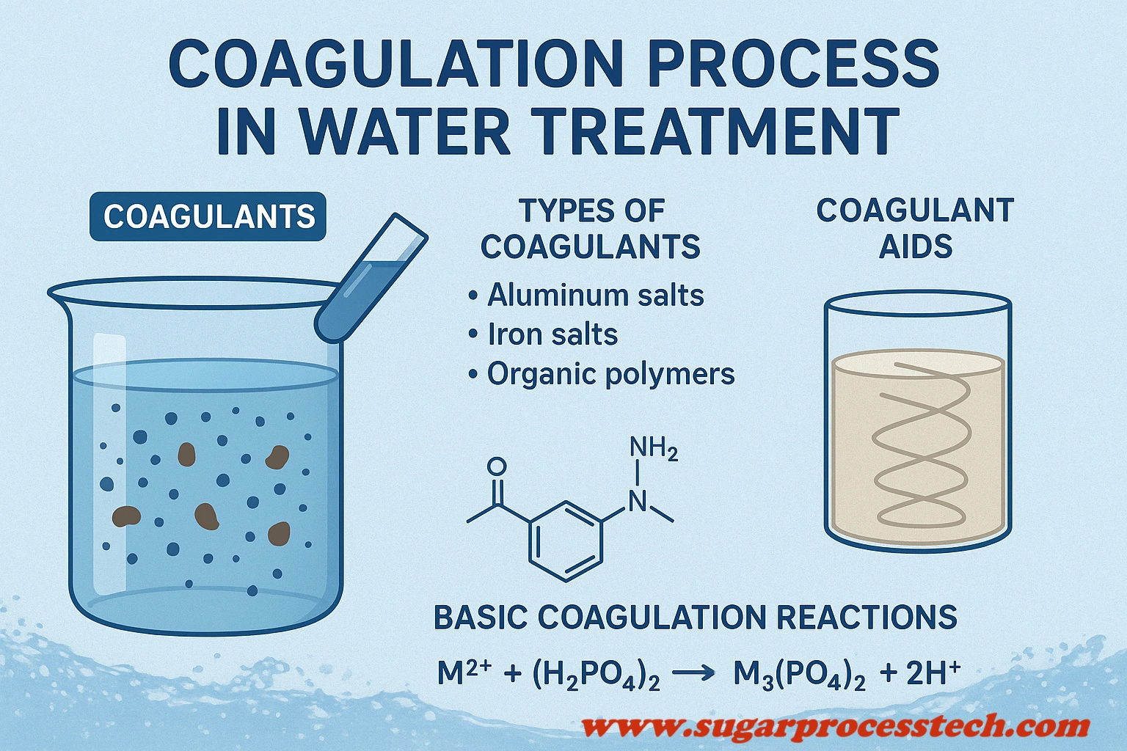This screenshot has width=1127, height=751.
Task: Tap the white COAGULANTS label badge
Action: point(208,216)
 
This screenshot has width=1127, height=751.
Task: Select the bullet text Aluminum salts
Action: point(595,296)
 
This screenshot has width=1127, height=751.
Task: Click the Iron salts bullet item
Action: point(552,334)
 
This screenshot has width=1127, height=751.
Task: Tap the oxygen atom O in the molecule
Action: point(497,466)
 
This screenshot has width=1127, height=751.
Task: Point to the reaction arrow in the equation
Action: point(693,673)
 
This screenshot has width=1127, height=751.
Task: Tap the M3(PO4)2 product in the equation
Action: point(800,674)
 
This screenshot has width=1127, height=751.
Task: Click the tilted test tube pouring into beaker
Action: point(371,278)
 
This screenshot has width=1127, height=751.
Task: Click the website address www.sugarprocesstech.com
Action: point(835,726)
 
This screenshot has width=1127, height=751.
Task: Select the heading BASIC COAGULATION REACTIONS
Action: point(695,617)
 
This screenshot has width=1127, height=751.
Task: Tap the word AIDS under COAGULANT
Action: point(916,246)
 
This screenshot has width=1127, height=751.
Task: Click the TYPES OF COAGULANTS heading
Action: point(591,228)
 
